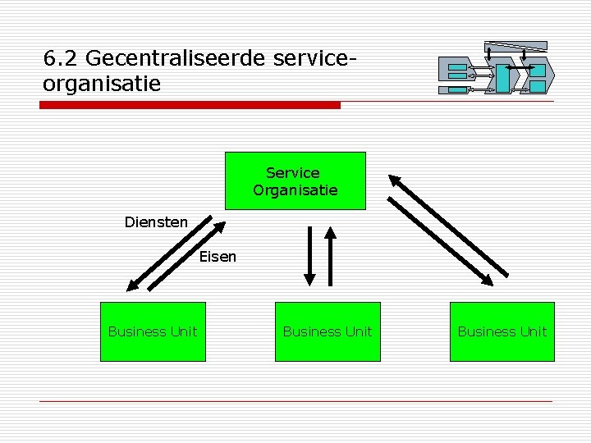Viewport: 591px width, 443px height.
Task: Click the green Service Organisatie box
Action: click(x=295, y=181)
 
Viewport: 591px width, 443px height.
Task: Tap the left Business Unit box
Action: click(x=153, y=331)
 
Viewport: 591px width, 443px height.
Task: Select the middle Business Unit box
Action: click(x=328, y=331)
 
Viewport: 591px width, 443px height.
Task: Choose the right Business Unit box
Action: click(x=502, y=331)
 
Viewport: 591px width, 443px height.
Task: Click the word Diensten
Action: click(x=156, y=221)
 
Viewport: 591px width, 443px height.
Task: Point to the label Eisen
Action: click(x=218, y=257)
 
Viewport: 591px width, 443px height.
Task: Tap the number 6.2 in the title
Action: click(x=61, y=59)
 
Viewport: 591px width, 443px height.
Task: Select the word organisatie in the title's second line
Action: click(x=102, y=83)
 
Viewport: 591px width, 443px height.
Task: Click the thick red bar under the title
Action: click(x=190, y=105)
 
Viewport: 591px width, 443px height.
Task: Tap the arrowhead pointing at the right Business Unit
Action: click(x=488, y=280)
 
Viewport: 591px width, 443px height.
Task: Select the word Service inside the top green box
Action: click(x=293, y=173)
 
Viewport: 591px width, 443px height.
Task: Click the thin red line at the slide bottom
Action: click(x=295, y=401)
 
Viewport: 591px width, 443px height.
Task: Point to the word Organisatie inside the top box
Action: click(x=295, y=190)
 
